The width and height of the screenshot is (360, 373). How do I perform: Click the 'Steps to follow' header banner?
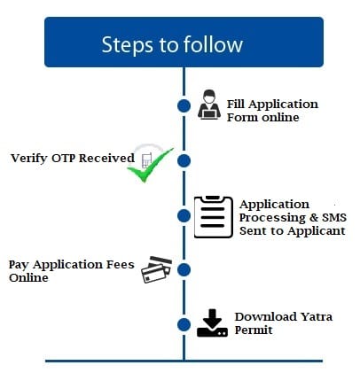tap(184, 43)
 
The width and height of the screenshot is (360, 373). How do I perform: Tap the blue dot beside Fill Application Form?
tap(184, 106)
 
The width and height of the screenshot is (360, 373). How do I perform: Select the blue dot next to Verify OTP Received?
tap(184, 160)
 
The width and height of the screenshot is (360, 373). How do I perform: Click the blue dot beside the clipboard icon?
tap(184, 215)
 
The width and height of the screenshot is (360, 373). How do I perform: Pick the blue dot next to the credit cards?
tap(184, 269)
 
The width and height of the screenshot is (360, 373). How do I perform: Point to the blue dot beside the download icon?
tap(184, 324)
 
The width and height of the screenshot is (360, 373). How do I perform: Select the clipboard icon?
tap(213, 215)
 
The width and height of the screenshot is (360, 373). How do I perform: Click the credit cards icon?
tap(157, 269)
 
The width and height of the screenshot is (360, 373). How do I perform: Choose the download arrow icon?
tap(212, 322)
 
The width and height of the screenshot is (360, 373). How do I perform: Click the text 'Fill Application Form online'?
tap(271, 110)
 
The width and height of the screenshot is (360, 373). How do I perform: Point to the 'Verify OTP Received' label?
tap(73, 159)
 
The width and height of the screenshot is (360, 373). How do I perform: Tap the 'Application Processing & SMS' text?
tap(292, 217)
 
